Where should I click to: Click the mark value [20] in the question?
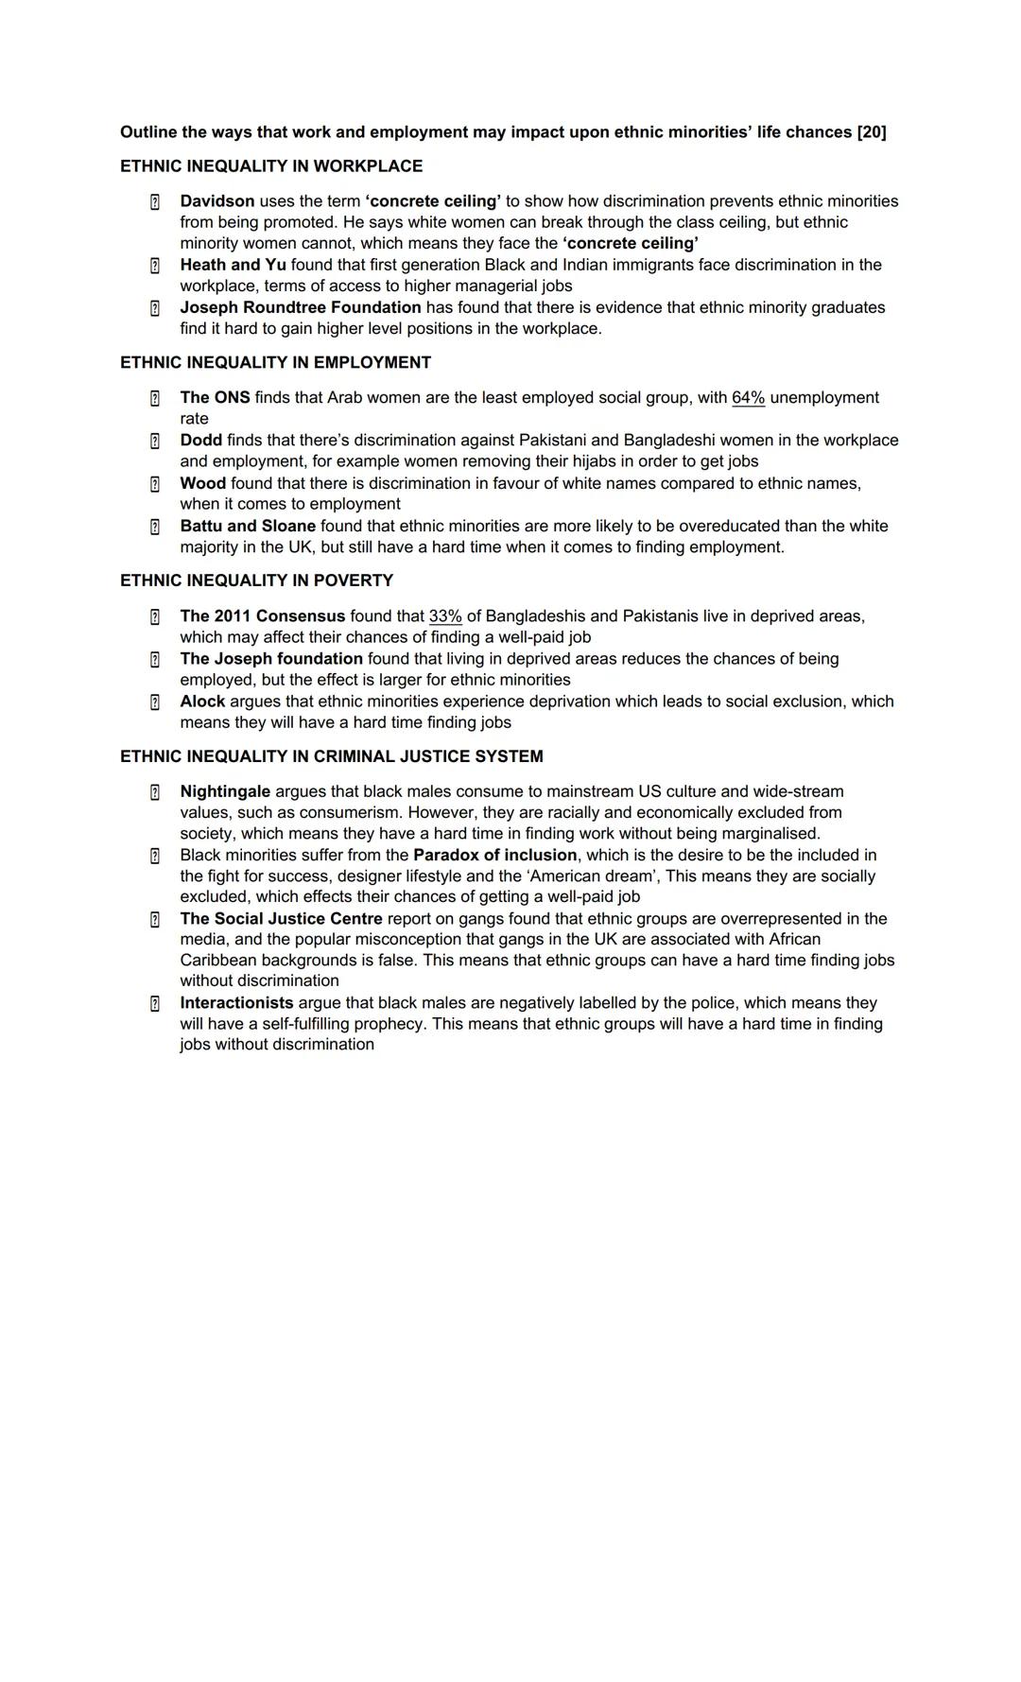[871, 132]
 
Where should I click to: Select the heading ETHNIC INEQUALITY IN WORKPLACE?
[271, 166]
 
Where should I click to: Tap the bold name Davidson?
[217, 201]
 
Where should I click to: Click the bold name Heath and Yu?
[233, 265]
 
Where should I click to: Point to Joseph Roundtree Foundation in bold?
[301, 307]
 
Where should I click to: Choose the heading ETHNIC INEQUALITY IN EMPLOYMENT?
[275, 363]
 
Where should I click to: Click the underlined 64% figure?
[748, 398]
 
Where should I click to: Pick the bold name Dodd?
[201, 441]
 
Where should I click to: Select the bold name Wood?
[203, 483]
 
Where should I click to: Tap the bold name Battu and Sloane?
[248, 526]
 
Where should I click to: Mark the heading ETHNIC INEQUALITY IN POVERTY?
[256, 581]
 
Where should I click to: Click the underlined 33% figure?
[445, 616]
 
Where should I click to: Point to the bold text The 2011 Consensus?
[263, 616]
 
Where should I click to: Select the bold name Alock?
[202, 702]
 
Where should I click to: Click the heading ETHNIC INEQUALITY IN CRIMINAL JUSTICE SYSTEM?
[332, 756]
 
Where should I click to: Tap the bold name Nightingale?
[225, 791]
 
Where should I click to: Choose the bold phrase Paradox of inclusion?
[494, 855]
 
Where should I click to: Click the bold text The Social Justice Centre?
[282, 919]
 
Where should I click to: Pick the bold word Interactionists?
[236, 1002]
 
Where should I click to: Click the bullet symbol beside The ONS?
[155, 399]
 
